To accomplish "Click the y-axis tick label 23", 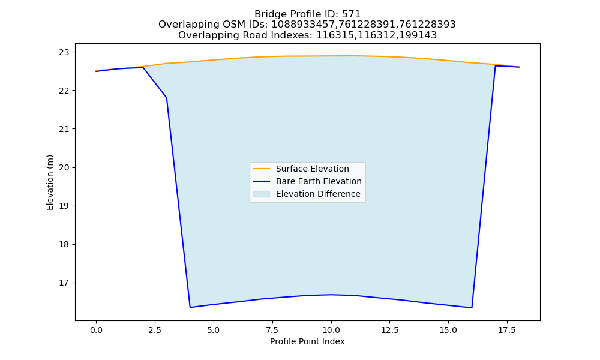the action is (x=64, y=52).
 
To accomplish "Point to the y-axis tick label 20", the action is (x=64, y=167).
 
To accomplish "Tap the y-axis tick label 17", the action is (x=64, y=283).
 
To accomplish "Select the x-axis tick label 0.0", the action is (x=97, y=330).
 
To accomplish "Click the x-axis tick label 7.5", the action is (x=272, y=330).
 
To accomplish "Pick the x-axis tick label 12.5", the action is (x=389, y=330).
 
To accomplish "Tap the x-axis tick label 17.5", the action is (x=507, y=330).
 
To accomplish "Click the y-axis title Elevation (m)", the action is (x=50, y=182).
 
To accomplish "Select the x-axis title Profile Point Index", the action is (x=307, y=341).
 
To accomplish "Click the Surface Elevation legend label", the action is (x=312, y=169).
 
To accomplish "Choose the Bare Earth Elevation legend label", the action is (x=319, y=181).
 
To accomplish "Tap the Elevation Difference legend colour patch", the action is (x=262, y=194).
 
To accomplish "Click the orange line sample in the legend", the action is (x=262, y=169).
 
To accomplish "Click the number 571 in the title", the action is (x=351, y=14).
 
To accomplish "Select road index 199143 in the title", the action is (x=418, y=35).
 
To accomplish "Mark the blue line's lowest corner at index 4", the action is (x=190, y=307).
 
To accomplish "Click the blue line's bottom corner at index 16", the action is (x=472, y=308).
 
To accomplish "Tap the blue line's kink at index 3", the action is (x=166, y=98).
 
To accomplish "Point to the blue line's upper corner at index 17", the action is (x=496, y=66).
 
